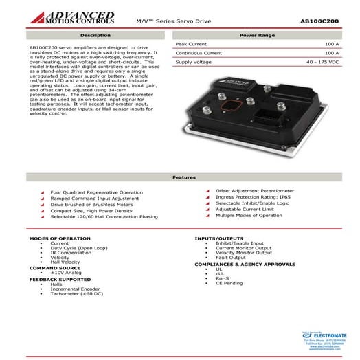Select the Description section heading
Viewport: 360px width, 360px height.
[95, 34]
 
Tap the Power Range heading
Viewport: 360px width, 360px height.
[258, 34]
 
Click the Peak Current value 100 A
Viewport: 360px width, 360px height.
[331, 43]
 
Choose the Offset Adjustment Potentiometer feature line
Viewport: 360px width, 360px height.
[255, 190]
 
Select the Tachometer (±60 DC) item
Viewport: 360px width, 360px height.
[76, 293]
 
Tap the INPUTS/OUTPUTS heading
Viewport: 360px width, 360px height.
[218, 238]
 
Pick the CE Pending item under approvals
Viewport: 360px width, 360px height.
[229, 283]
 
